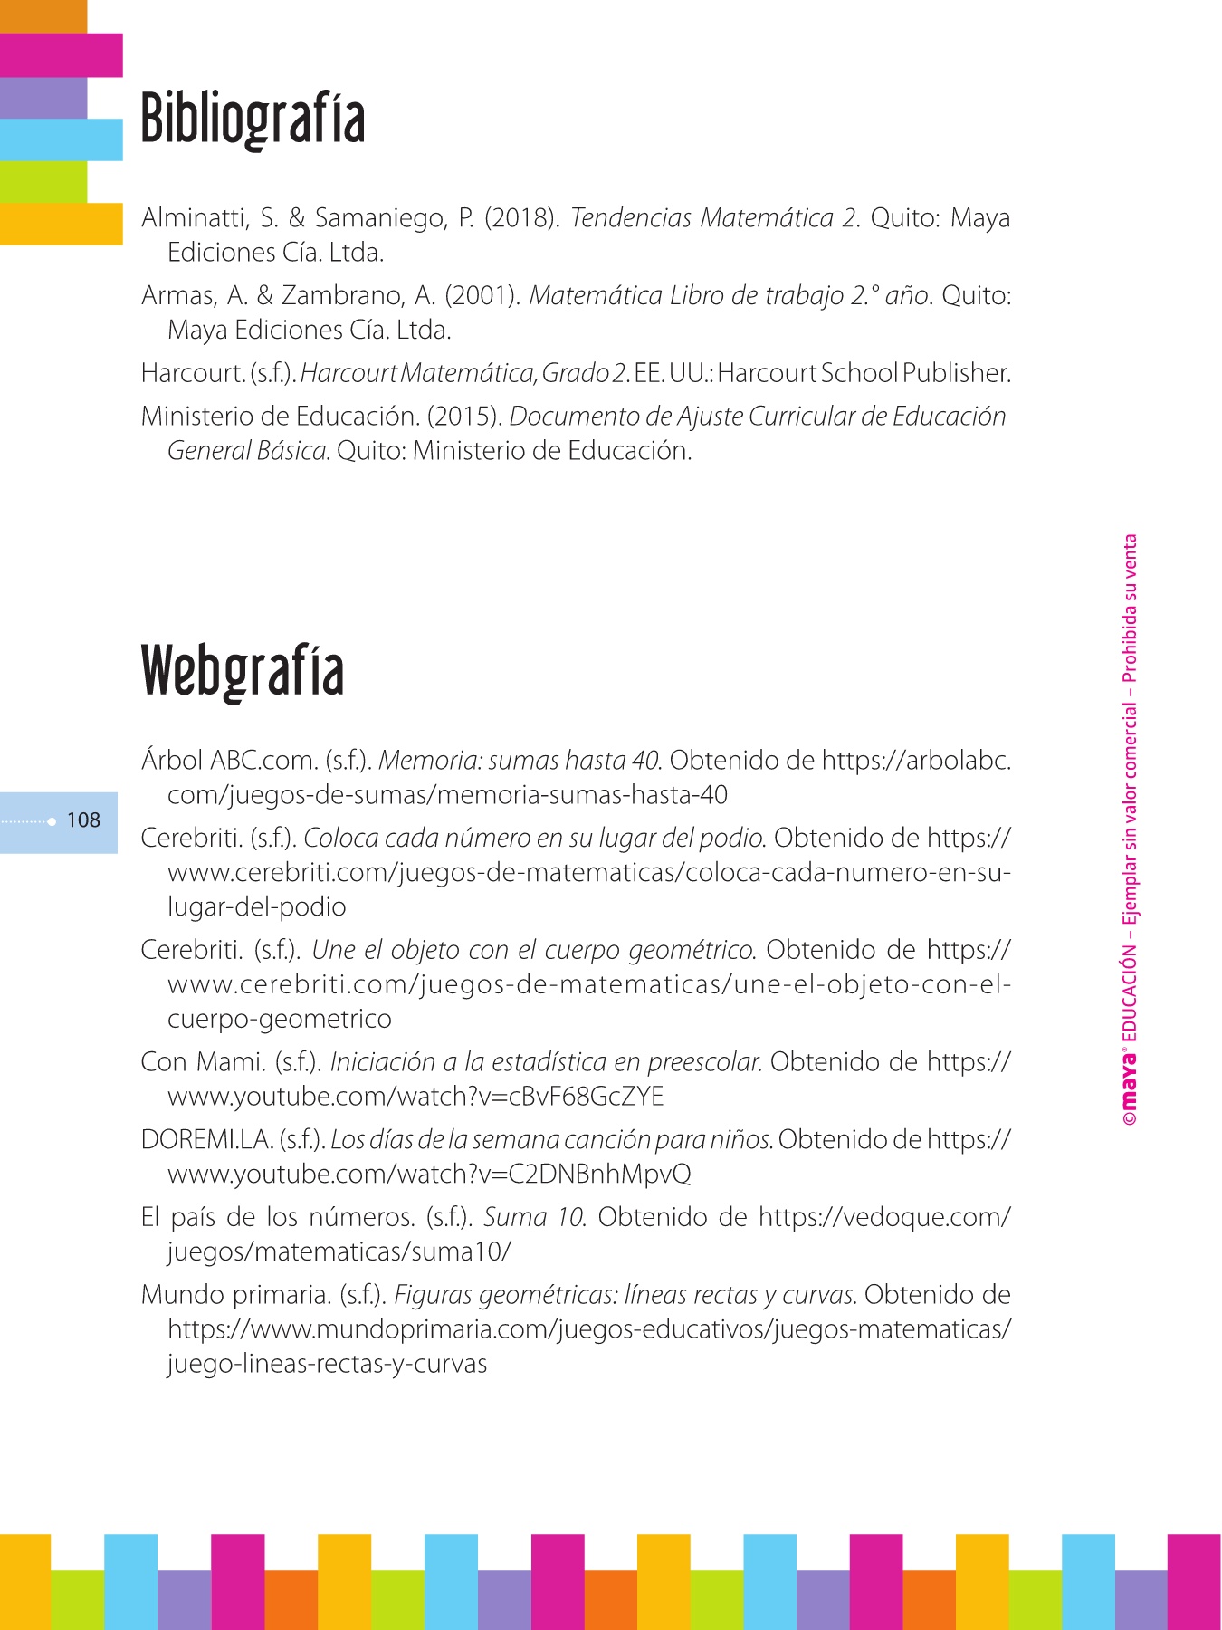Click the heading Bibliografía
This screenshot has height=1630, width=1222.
point(253,119)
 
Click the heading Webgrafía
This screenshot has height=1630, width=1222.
point(243,671)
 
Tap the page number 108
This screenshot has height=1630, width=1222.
point(83,820)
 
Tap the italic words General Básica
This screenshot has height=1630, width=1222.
point(247,451)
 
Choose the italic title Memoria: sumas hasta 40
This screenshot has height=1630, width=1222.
point(520,761)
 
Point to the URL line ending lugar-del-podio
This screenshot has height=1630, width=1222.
point(257,907)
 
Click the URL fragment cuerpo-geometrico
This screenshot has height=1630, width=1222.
point(280,1020)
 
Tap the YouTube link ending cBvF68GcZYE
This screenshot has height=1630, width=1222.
point(415,1098)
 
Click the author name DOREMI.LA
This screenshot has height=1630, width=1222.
point(206,1140)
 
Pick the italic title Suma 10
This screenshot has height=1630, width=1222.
point(534,1218)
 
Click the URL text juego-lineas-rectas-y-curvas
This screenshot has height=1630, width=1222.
point(327,1365)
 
